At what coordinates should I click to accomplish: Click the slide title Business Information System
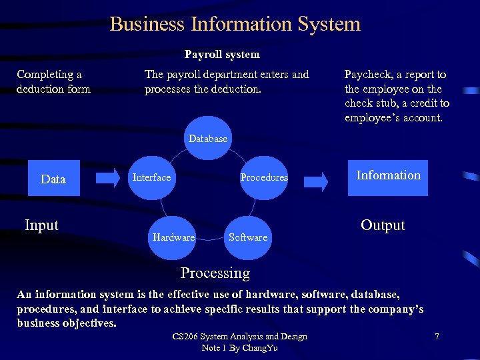pyautogui.click(x=235, y=24)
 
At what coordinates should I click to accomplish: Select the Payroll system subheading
pyautogui.click(x=222, y=54)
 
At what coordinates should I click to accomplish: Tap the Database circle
pyautogui.click(x=208, y=139)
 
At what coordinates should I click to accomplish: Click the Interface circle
pyautogui.click(x=152, y=177)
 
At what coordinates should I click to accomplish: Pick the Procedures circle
pyautogui.click(x=264, y=177)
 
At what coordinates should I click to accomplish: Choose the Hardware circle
pyautogui.click(x=173, y=237)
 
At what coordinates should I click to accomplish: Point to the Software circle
pyautogui.click(x=247, y=237)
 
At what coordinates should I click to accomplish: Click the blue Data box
pyautogui.click(x=53, y=178)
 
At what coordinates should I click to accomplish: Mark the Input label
pyautogui.click(x=41, y=225)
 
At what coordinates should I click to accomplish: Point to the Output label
pyautogui.click(x=383, y=225)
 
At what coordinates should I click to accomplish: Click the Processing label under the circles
pyautogui.click(x=215, y=273)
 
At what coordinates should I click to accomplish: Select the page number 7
pyautogui.click(x=437, y=337)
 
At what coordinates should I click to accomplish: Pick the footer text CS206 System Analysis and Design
pyautogui.click(x=239, y=337)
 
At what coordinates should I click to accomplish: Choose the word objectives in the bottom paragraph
pyautogui.click(x=90, y=323)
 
